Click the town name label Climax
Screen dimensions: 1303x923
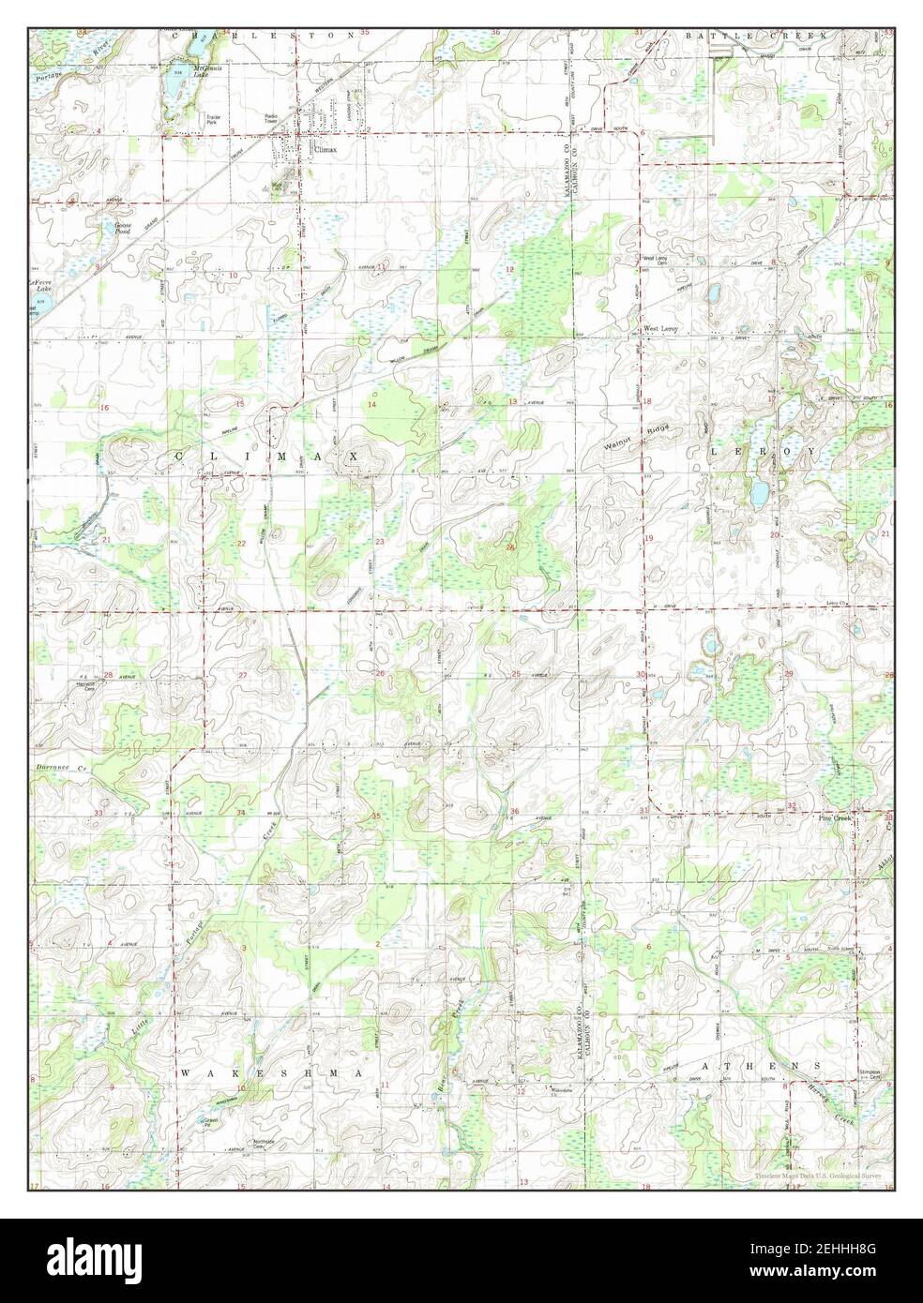[x=325, y=148]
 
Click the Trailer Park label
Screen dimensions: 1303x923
[x=217, y=119]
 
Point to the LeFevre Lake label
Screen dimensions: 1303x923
[x=39, y=285]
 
